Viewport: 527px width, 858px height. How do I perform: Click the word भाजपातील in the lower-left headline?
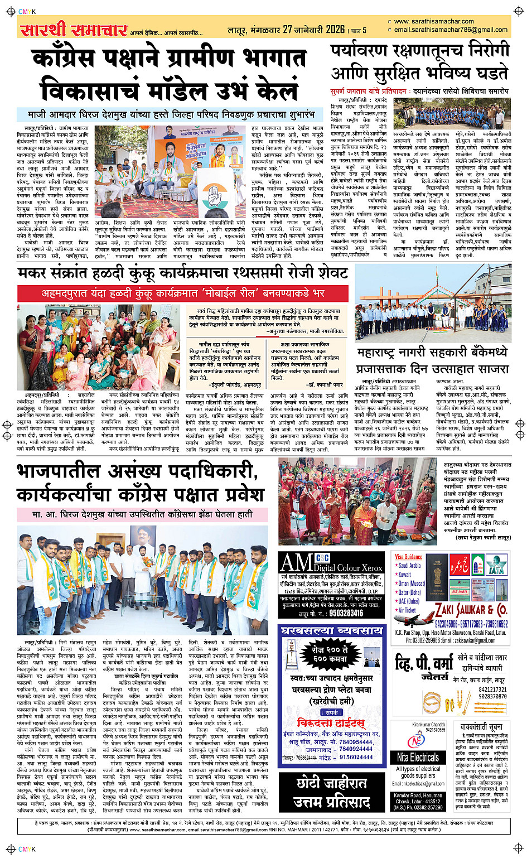point(73,471)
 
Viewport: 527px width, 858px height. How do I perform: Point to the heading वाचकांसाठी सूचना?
point(481,727)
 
